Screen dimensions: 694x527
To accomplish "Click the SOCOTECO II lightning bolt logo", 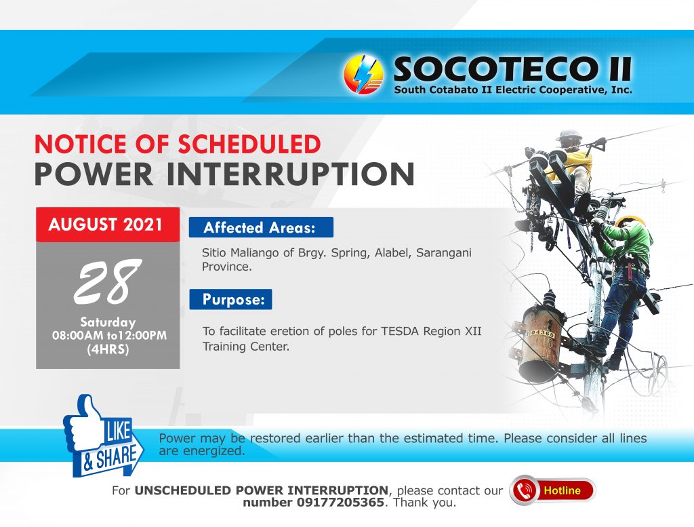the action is click(363, 75).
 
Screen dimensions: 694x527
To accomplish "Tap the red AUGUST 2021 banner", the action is click(108, 225).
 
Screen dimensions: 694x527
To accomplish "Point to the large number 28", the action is click(107, 281).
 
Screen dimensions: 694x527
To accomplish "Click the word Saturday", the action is click(108, 322).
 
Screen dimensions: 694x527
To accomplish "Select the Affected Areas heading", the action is click(261, 227).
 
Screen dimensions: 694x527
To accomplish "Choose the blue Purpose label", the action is click(230, 299).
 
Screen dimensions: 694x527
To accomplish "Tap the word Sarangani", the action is click(443, 253).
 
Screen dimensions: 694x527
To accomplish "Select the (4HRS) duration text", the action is click(108, 349).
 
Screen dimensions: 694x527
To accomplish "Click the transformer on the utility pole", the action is click(540, 340).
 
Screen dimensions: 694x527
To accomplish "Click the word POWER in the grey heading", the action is click(94, 174).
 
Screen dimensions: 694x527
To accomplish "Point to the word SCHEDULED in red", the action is click(249, 144).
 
